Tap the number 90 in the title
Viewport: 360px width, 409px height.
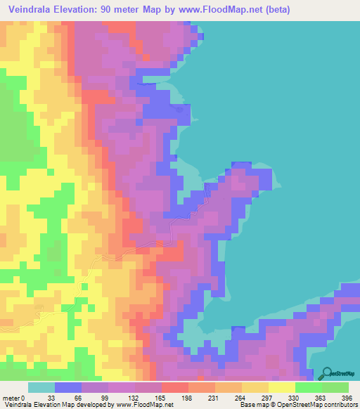117,10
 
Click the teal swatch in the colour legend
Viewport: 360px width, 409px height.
41,388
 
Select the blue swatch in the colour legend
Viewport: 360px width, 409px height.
68,388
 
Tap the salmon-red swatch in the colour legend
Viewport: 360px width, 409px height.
175,388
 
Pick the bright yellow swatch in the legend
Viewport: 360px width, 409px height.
282,388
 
